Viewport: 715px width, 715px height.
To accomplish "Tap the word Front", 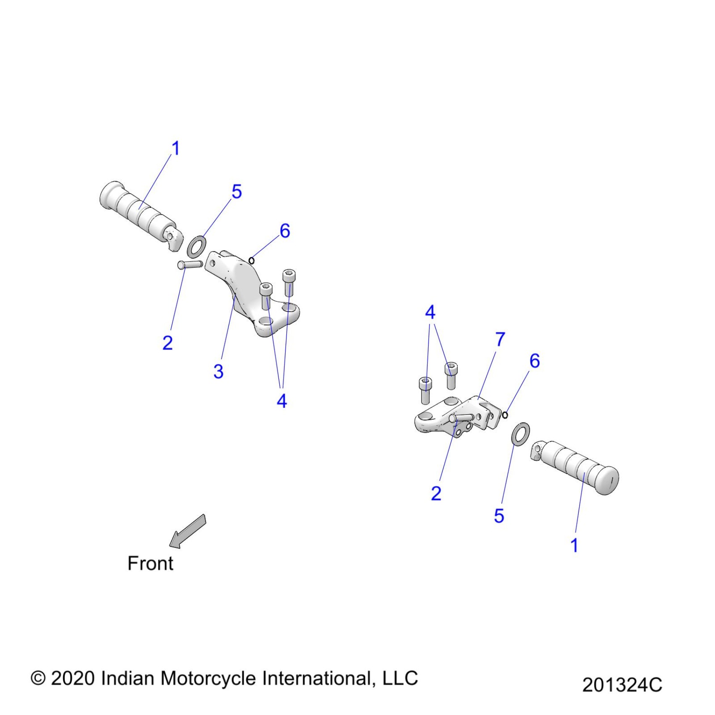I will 150,564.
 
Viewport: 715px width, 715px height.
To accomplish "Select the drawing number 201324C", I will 622,685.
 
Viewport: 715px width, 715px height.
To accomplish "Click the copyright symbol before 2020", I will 38,678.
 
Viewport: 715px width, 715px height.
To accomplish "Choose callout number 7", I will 500,339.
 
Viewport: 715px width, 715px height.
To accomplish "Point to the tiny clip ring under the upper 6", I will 252,260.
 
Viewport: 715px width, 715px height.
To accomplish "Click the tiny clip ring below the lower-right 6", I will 505,416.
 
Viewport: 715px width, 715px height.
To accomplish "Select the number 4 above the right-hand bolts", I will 430,312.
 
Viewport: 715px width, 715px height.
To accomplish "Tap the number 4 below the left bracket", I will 282,401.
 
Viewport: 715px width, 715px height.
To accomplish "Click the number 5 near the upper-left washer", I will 237,192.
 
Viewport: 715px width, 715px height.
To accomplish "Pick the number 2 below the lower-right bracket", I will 436,493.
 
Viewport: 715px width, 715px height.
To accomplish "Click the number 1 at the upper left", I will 176,148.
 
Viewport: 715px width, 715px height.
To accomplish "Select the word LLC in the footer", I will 400,678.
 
